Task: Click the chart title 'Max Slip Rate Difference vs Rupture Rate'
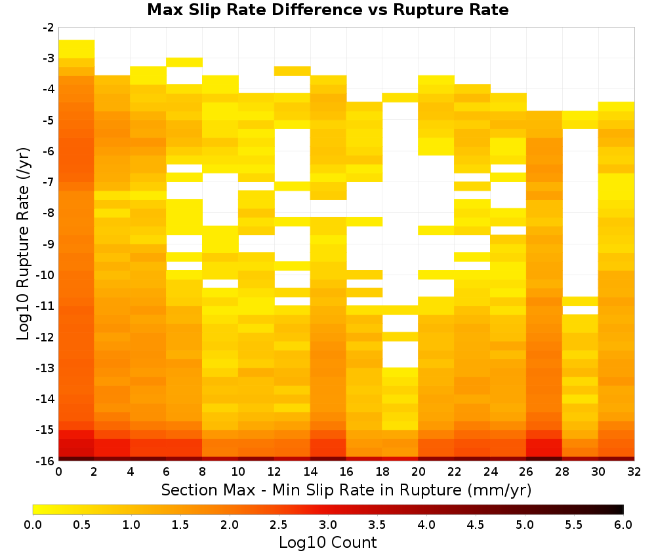pyautogui.click(x=327, y=10)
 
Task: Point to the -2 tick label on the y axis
pyautogui.click(x=49, y=28)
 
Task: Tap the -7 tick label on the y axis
pyautogui.click(x=49, y=182)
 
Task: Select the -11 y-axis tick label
pyautogui.click(x=46, y=306)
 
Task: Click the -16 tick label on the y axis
pyautogui.click(x=46, y=461)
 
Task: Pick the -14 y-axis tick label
pyautogui.click(x=46, y=398)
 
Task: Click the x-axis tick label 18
pyautogui.click(x=382, y=472)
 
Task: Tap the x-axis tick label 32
pyautogui.click(x=634, y=472)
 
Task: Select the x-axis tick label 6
pyautogui.click(x=167, y=472)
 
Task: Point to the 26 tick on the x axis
pyautogui.click(x=526, y=472)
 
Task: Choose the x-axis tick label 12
pyautogui.click(x=274, y=472)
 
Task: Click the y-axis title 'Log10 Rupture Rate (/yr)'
pyautogui.click(x=24, y=244)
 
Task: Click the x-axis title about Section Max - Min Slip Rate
pyautogui.click(x=346, y=490)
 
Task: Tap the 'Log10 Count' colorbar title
pyautogui.click(x=327, y=543)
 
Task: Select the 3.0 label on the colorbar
pyautogui.click(x=328, y=525)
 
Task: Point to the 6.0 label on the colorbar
pyautogui.click(x=623, y=525)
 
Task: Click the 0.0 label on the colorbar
pyautogui.click(x=33, y=525)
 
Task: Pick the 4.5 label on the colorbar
pyautogui.click(x=476, y=525)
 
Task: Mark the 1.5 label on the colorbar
pyautogui.click(x=180, y=525)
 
